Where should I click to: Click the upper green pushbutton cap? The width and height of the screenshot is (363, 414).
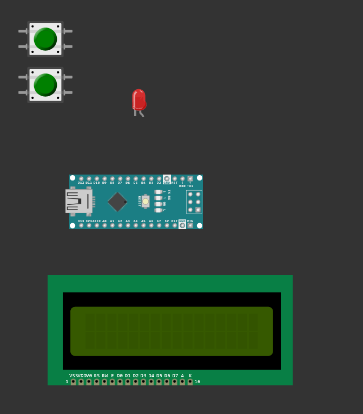45,39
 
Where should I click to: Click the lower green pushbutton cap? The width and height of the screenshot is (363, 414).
45,85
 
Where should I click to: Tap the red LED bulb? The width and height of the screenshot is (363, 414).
139,99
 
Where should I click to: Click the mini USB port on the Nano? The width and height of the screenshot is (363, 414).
77,201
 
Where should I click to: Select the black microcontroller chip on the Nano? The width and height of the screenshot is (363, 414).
117,202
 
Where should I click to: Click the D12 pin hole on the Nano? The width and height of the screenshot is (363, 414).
81,178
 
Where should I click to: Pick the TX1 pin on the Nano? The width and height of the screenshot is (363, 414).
190,178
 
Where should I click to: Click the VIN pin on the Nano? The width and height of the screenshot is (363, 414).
190,225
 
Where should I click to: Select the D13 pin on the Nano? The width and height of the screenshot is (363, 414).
81,225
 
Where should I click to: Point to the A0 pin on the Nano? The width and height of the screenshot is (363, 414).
104,225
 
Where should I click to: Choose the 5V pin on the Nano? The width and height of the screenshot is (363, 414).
167,225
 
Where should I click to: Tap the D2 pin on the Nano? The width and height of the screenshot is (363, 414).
159,178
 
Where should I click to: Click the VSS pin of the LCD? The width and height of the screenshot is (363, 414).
73,382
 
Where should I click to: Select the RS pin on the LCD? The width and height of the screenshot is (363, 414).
97,382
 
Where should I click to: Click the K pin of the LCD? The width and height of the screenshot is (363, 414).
190,382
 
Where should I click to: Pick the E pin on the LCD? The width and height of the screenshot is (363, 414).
113,382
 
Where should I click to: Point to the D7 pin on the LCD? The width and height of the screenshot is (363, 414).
175,382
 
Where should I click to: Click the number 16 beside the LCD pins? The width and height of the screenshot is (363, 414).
197,382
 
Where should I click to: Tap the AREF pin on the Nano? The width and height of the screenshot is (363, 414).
97,225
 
